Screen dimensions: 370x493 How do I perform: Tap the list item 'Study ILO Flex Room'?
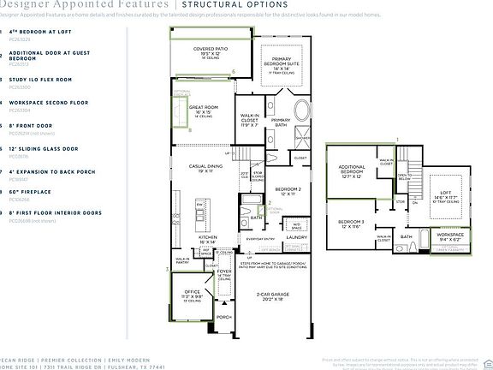tap(41, 79)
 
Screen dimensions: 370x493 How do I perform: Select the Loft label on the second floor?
tap(447, 193)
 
